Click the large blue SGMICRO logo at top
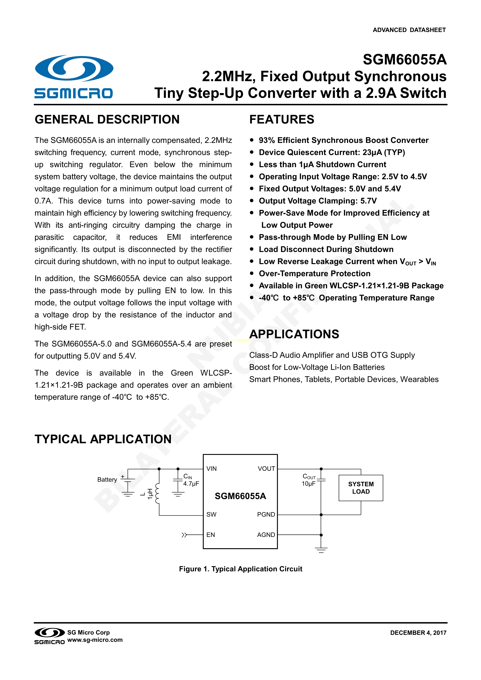click(x=74, y=76)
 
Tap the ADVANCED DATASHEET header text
click(x=409, y=30)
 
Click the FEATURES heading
click(x=281, y=119)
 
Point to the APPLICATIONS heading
click(x=294, y=334)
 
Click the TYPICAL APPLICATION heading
click(x=103, y=439)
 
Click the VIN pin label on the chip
click(x=211, y=468)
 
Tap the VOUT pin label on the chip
click(x=266, y=468)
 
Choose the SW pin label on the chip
click(x=211, y=514)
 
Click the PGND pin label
click(x=266, y=514)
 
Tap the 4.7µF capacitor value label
click(x=191, y=484)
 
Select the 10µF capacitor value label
click(x=308, y=484)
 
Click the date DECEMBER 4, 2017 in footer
click(x=418, y=633)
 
